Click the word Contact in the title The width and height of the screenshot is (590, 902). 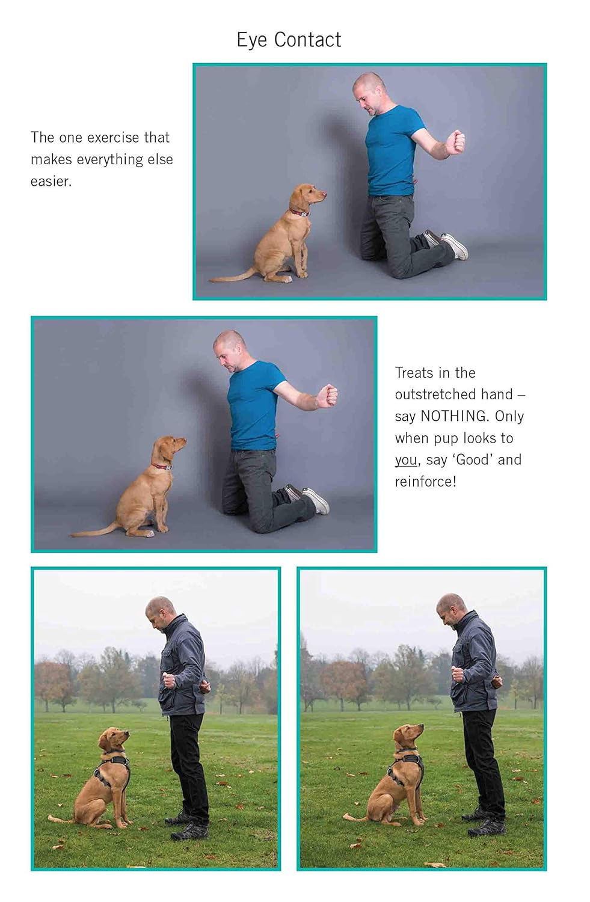[307, 40]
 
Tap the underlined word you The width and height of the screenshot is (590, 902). [405, 460]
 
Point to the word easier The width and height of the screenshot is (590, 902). [51, 181]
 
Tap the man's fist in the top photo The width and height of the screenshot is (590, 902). [455, 142]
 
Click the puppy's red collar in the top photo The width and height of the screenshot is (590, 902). [300, 213]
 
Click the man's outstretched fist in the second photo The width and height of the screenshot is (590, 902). [328, 396]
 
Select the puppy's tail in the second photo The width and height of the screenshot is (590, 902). [93, 532]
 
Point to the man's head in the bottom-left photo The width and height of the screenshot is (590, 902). [159, 613]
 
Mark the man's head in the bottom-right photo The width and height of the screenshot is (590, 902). [450, 609]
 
